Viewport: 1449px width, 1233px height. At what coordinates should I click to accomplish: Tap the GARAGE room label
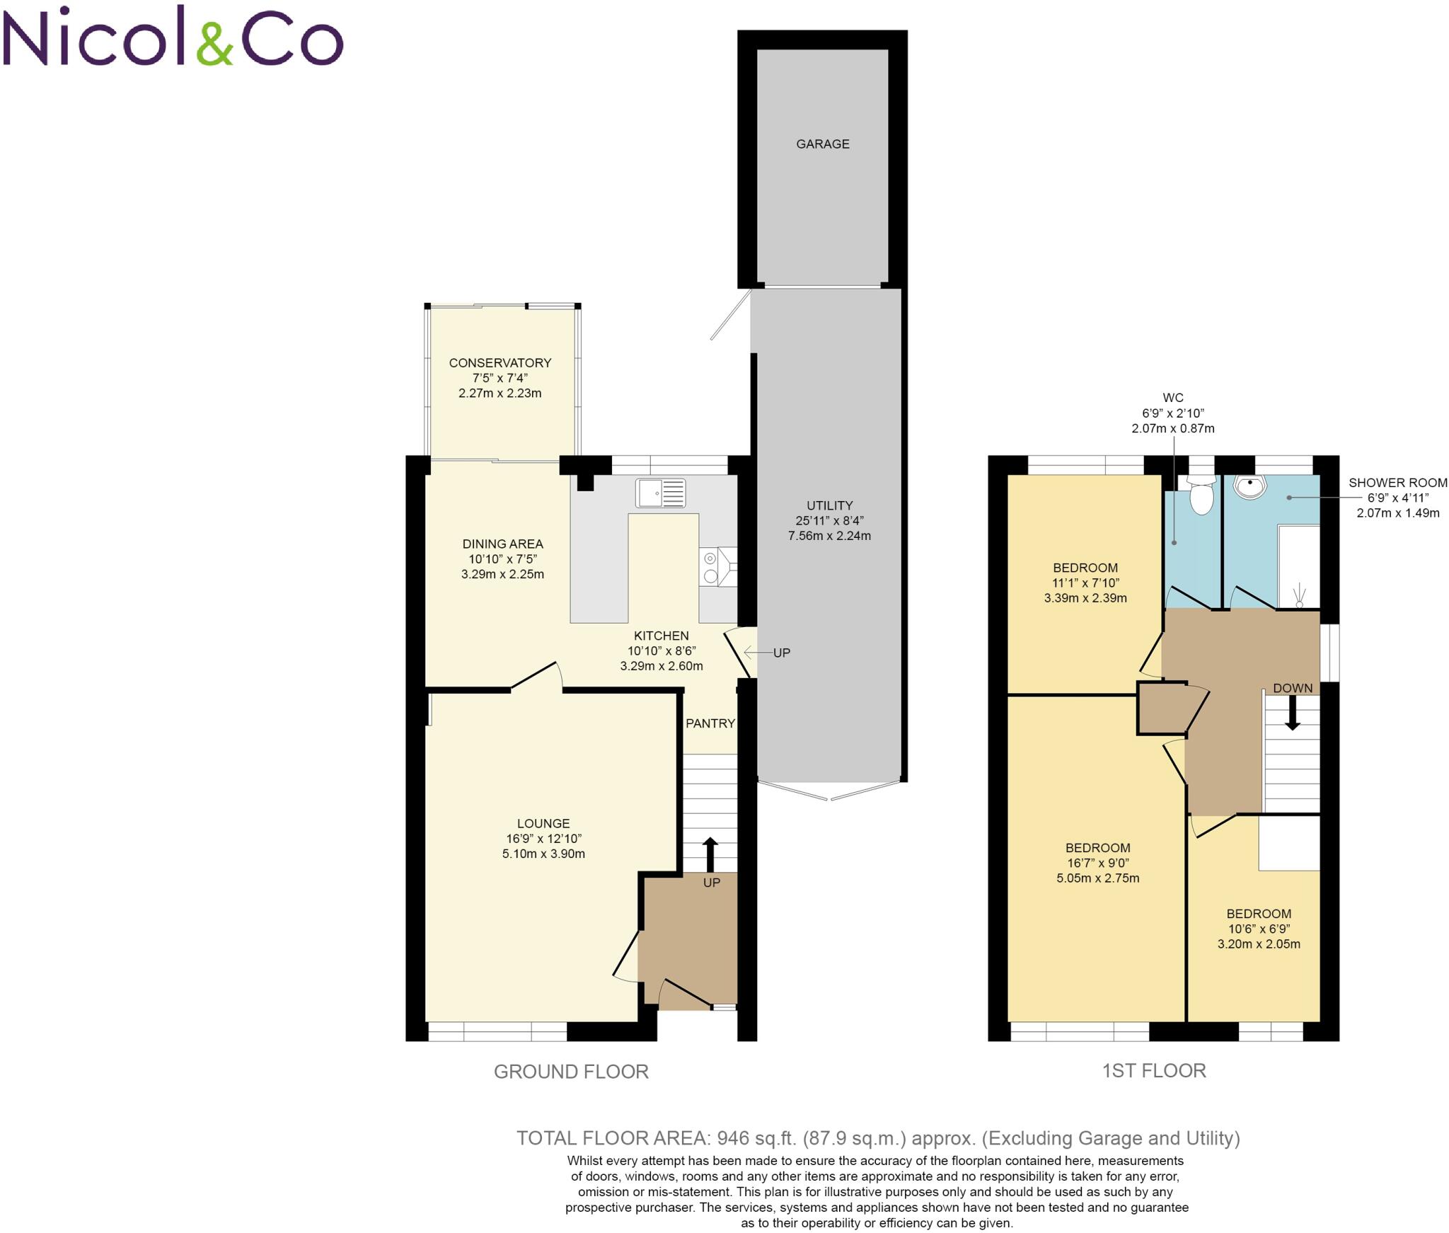click(822, 144)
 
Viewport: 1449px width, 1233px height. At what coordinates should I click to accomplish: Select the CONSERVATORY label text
click(500, 363)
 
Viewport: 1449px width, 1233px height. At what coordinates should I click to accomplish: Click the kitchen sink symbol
click(660, 493)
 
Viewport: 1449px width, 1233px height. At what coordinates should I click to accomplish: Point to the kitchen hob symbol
click(710, 567)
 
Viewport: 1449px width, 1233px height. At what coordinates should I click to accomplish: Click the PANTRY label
click(710, 723)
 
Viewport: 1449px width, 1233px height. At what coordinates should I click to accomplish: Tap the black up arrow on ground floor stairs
click(710, 854)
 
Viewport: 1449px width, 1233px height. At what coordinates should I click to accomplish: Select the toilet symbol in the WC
click(1201, 495)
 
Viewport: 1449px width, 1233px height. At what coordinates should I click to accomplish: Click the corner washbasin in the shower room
click(1249, 486)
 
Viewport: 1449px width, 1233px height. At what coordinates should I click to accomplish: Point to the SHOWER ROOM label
click(1397, 483)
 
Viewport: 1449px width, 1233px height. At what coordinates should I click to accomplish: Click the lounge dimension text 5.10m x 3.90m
click(543, 854)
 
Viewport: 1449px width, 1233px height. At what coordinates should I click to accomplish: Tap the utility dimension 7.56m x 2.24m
click(829, 536)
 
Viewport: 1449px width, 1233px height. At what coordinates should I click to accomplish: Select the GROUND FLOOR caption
click(571, 1072)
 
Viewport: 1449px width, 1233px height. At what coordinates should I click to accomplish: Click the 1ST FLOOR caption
click(1153, 1070)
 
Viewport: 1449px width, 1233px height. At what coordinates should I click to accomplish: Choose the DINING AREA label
click(502, 544)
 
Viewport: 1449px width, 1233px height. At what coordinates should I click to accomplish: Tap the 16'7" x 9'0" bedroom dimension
click(1097, 863)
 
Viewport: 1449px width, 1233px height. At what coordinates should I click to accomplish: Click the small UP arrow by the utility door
click(756, 653)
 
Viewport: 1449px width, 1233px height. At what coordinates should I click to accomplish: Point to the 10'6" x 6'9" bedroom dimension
click(1259, 929)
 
